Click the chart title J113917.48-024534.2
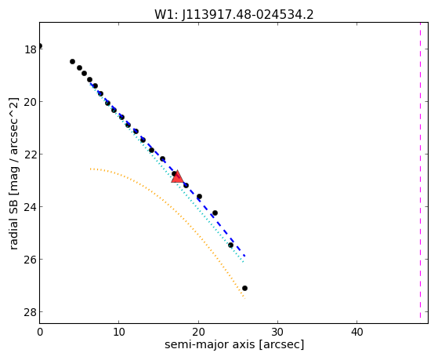[x=248, y=14]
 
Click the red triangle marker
[x=177, y=177]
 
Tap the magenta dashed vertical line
[x=420, y=170]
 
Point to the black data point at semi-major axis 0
[x=40, y=45]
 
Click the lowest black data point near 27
[x=244, y=288]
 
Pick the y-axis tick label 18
[x=31, y=49]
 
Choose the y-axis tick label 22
[x=31, y=155]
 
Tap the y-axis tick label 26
[x=31, y=260]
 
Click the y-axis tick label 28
[x=31, y=312]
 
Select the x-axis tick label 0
[x=40, y=333]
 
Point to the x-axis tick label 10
[x=119, y=333]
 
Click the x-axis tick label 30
[x=277, y=333]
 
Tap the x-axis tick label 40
[x=357, y=333]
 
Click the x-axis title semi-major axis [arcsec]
[x=234, y=344]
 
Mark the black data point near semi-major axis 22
[x=215, y=213]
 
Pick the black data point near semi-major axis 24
[x=230, y=245]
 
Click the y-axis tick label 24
[x=31, y=207]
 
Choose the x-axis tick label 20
[x=198, y=333]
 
